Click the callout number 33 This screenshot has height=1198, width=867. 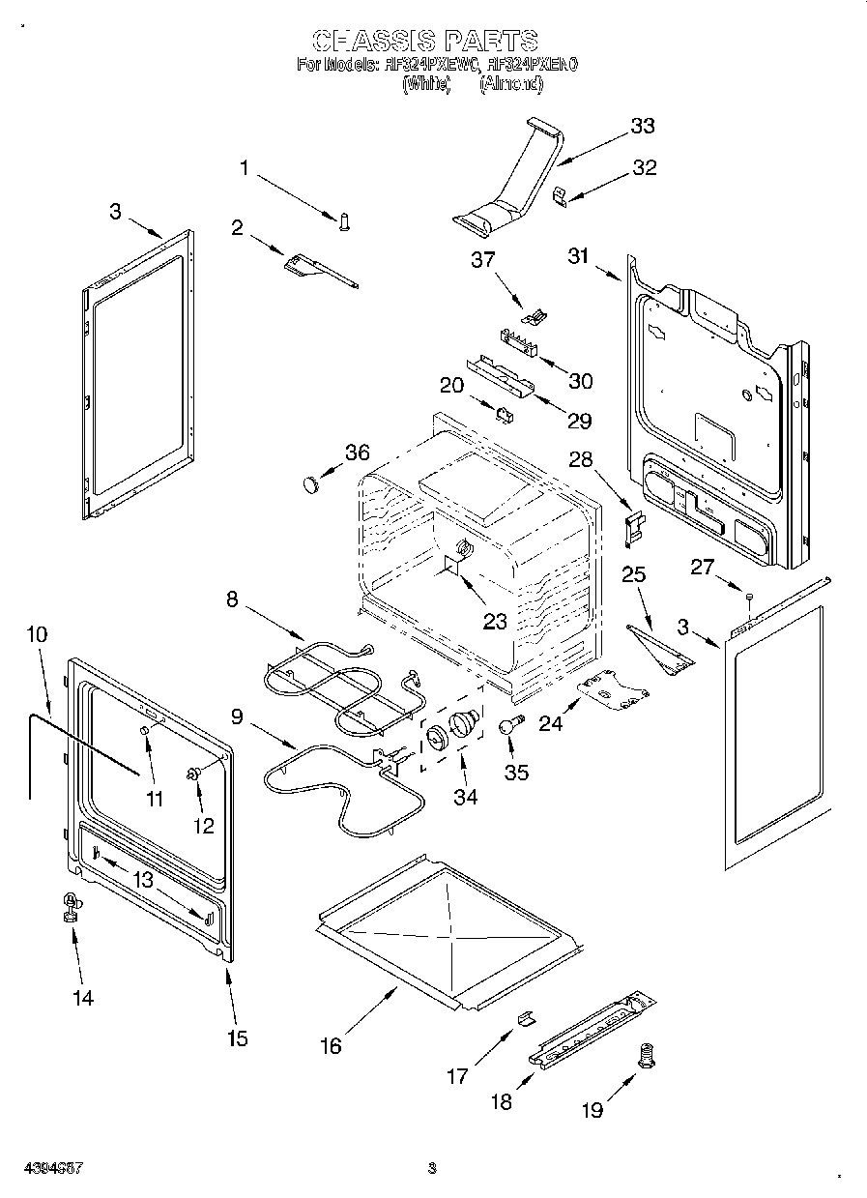pos(642,126)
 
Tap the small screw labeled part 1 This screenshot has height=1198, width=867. pos(343,221)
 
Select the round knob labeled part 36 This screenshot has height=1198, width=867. pos(308,482)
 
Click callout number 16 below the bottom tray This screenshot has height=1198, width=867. pos(331,1046)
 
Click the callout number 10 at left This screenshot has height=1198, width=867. pos(37,634)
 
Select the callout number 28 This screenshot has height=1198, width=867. pos(580,458)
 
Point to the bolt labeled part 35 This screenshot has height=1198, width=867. pos(509,725)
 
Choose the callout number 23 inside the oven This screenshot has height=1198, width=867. pos(495,622)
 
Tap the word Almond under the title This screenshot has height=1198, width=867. pos(511,84)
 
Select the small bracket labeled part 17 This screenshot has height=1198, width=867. pos(524,1017)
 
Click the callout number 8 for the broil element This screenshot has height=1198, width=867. pos(232,599)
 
